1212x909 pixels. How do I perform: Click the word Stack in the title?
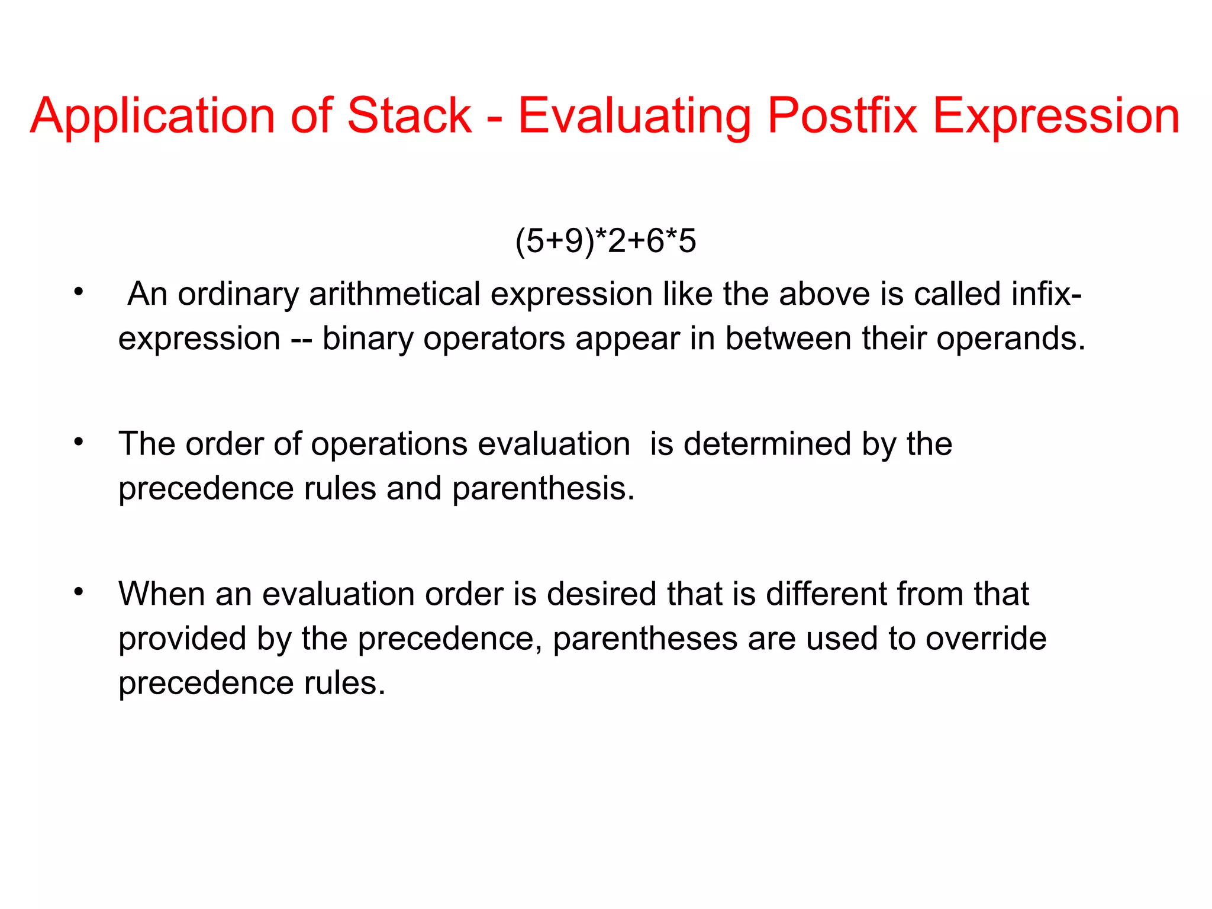pos(409,115)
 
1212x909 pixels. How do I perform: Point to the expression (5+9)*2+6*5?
pos(605,241)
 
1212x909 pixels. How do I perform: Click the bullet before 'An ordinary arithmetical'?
pos(79,292)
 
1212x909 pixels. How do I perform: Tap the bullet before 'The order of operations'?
pos(79,441)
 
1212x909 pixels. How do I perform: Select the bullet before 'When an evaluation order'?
pos(79,591)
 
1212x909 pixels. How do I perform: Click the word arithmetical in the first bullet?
pos(394,294)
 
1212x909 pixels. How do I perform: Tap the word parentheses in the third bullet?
pos(644,640)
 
